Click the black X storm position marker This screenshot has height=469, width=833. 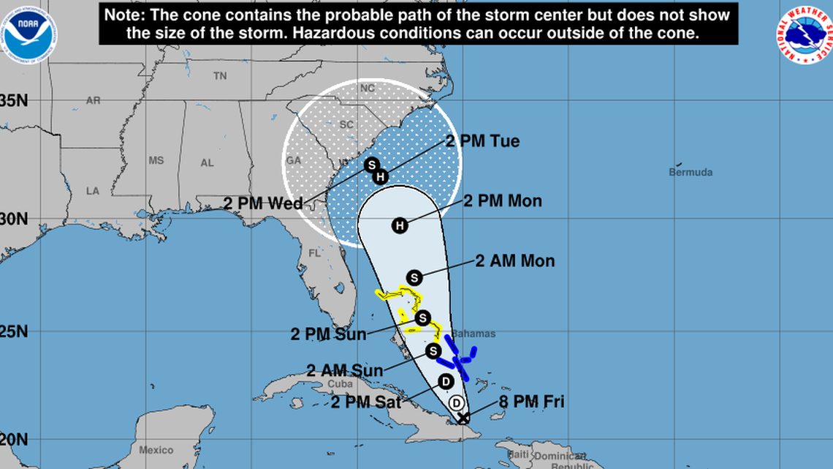pyautogui.click(x=463, y=419)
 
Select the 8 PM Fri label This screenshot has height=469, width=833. pyautogui.click(x=531, y=402)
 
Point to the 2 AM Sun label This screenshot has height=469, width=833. pyautogui.click(x=345, y=371)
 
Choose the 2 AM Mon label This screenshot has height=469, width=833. pyautogui.click(x=515, y=260)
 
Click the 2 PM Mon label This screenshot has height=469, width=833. pyautogui.click(x=503, y=200)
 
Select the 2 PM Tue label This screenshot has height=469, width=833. pyautogui.click(x=482, y=141)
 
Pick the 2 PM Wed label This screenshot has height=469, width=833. pyautogui.click(x=263, y=203)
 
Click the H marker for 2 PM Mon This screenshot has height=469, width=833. pyautogui.click(x=399, y=225)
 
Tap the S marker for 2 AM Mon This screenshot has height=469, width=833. pyautogui.click(x=414, y=277)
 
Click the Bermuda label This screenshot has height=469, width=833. pyautogui.click(x=690, y=173)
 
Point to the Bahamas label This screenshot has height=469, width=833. pyautogui.click(x=473, y=334)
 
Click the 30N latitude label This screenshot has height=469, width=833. pyautogui.click(x=13, y=219)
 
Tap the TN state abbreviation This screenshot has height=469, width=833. pyautogui.click(x=219, y=76)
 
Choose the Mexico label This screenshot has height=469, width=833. pyautogui.click(x=155, y=449)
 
